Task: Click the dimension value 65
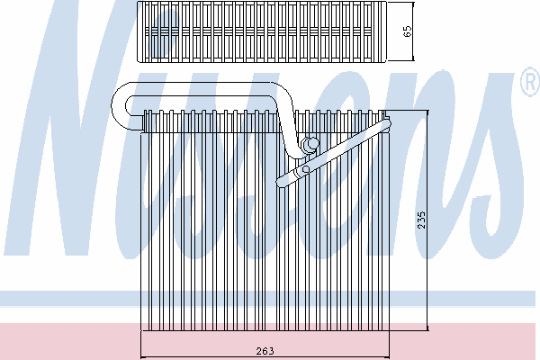pos(408,32)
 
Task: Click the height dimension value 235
pos(420,220)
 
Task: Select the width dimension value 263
pos(265,350)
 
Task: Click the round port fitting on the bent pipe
pos(311,144)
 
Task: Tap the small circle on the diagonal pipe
pos(306,168)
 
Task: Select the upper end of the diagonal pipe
pos(387,121)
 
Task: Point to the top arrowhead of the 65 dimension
pos(412,4)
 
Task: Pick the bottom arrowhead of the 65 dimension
pos(412,59)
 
